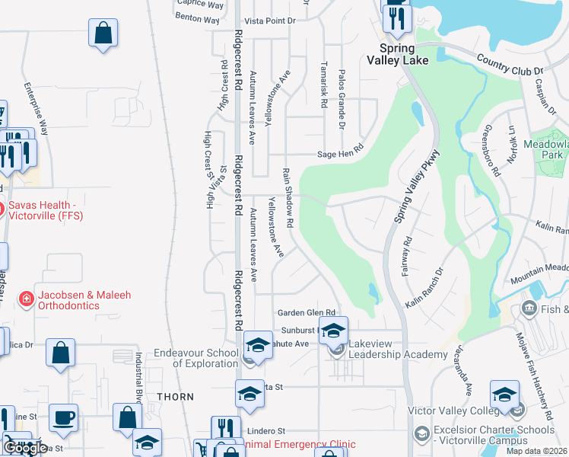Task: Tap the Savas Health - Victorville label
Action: pyautogui.click(x=46, y=210)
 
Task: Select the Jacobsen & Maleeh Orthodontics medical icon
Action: pyautogui.click(x=26, y=299)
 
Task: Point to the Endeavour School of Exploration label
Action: pyautogui.click(x=195, y=358)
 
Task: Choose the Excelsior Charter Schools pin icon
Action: pyautogui.click(x=422, y=434)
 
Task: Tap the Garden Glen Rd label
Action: pyautogui.click(x=307, y=313)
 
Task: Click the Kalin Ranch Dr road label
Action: pyautogui.click(x=424, y=287)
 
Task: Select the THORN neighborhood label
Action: pyautogui.click(x=175, y=397)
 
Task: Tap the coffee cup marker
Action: pyautogui.click(x=64, y=417)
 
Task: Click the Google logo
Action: pyautogui.click(x=26, y=448)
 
